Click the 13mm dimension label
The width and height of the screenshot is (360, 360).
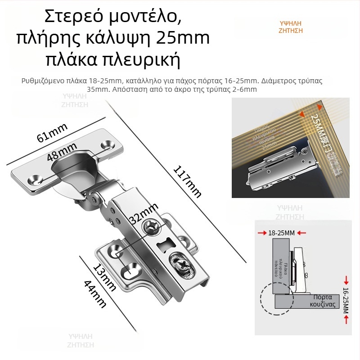coord(104,277)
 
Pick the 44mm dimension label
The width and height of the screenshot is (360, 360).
coord(95,293)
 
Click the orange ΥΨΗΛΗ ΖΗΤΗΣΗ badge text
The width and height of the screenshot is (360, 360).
coord(291,27)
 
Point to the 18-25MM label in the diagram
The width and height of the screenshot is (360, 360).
coord(281,233)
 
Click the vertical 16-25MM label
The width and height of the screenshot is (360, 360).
coord(346,298)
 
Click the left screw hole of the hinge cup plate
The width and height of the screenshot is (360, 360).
coord(34,179)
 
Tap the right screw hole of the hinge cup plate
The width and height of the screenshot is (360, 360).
coord(108,144)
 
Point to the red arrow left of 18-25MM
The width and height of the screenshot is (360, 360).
coord(262,233)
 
